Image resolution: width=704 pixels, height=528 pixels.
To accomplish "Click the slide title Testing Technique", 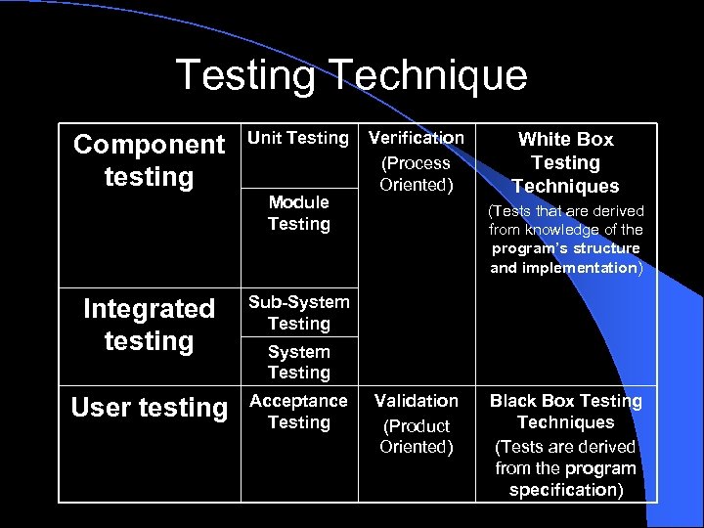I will [x=351, y=75].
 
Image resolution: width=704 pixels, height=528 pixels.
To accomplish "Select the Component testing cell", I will [x=149, y=160].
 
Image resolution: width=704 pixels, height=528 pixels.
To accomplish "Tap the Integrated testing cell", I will [x=149, y=325].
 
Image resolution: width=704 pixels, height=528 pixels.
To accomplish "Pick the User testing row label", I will [x=149, y=408].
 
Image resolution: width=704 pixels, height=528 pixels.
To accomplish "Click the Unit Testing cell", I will [x=298, y=139].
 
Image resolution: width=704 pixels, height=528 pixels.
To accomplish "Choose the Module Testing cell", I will [x=298, y=213].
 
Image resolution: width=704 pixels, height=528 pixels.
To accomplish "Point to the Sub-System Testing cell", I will [x=298, y=313].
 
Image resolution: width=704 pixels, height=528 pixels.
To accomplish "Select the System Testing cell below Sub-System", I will [x=298, y=362].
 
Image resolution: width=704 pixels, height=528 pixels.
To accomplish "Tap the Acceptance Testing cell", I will [x=298, y=412].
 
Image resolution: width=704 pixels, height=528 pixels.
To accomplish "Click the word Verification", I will [x=417, y=139].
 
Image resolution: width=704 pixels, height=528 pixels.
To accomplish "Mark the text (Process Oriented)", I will [x=417, y=174].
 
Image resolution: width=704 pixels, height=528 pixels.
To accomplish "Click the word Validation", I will [x=417, y=401].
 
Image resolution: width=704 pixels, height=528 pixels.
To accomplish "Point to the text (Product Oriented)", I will [x=417, y=436].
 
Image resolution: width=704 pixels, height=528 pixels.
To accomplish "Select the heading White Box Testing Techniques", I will [x=565, y=162].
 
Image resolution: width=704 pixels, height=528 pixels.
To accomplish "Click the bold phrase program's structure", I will [x=565, y=248].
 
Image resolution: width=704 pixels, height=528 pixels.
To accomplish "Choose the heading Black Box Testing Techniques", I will [x=565, y=412].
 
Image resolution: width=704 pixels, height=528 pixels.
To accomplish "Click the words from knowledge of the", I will [x=565, y=230].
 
